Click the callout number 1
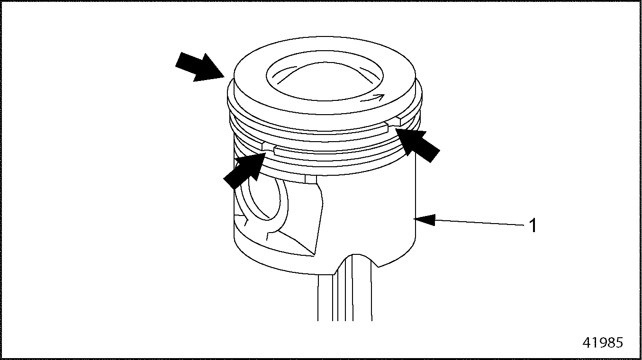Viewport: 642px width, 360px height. pyautogui.click(x=533, y=225)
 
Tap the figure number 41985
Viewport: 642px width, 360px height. pyautogui.click(x=603, y=342)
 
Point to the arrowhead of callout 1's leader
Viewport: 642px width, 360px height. pyautogui.click(x=425, y=220)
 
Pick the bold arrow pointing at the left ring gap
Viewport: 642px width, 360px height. pyautogui.click(x=244, y=170)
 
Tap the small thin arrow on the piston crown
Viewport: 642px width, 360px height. pyautogui.click(x=372, y=98)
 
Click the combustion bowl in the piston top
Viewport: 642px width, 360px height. pyautogui.click(x=325, y=76)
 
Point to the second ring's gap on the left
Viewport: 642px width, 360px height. pyautogui.click(x=268, y=148)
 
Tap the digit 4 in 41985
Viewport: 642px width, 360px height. pyautogui.click(x=587, y=342)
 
